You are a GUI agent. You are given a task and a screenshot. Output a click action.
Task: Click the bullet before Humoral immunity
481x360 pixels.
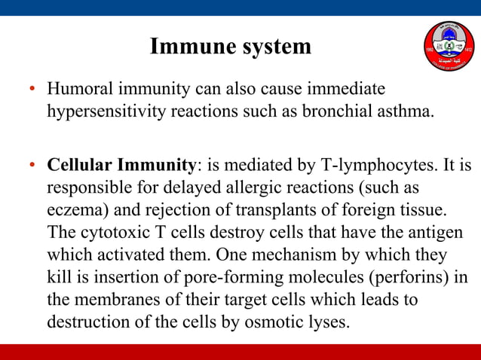32,90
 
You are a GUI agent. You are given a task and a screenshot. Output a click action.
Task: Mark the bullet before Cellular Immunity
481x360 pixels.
32,165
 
